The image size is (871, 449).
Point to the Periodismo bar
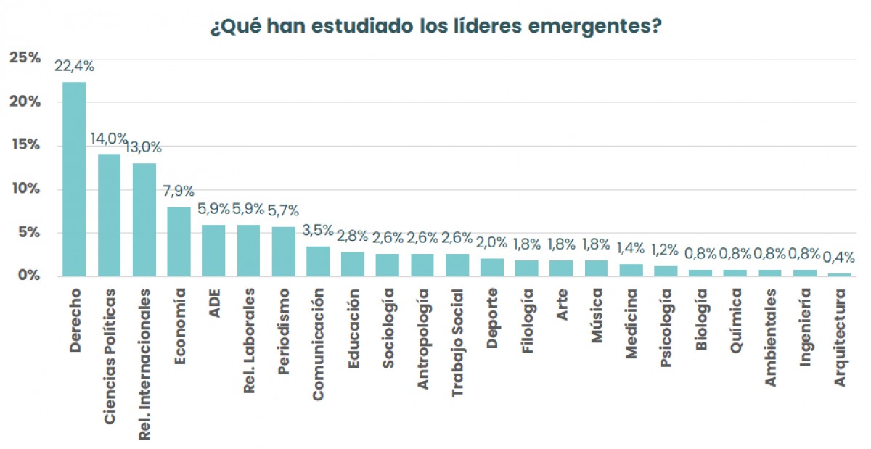click(283, 252)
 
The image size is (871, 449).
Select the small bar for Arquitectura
click(840, 274)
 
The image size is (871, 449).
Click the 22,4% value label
click(74, 67)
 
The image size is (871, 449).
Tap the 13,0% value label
click(143, 147)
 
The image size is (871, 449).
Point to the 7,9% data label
click(179, 192)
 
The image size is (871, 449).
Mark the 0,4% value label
click(839, 257)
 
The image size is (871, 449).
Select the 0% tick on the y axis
click(30, 276)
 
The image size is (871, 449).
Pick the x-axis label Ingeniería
click(805, 327)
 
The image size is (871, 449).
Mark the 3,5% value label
click(318, 231)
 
